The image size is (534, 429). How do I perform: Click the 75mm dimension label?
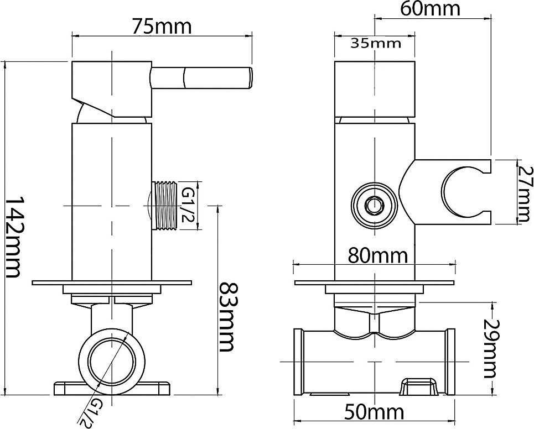tap(162, 27)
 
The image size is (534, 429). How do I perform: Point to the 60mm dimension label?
tap(430, 9)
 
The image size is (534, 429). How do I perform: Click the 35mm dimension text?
tap(376, 43)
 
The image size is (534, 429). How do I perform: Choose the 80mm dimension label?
tap(378, 255)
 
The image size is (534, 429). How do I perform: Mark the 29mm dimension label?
tap(490, 348)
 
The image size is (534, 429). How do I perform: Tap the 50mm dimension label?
tap(374, 412)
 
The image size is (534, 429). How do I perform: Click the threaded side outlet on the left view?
tap(166, 205)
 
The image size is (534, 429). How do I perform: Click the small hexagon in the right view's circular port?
tap(374, 205)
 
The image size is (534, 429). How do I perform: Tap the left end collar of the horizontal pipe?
tap(298, 362)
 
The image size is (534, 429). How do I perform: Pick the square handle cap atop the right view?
tap(374, 89)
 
